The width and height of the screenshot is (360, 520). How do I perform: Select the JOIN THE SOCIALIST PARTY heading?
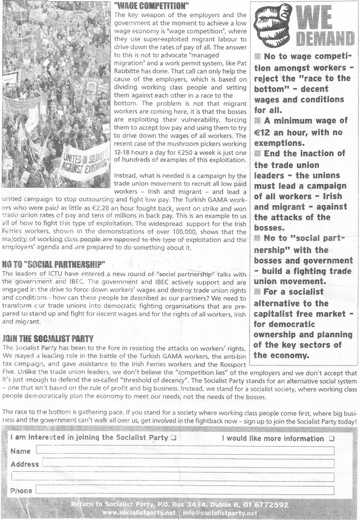47,326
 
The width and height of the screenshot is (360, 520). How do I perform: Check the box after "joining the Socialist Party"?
174,438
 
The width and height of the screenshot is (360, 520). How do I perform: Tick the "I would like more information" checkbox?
332,439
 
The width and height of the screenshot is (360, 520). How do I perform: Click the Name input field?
185,451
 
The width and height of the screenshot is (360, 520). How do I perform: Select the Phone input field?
185,490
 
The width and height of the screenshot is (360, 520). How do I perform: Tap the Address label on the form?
25,464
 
